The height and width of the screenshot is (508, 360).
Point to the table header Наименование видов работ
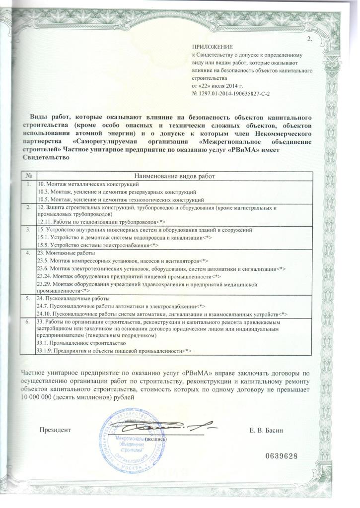(x=175, y=176)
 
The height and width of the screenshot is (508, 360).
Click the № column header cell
(x=30, y=176)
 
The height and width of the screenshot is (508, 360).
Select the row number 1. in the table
(x=30, y=184)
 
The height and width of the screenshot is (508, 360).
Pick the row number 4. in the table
(x=30, y=253)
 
